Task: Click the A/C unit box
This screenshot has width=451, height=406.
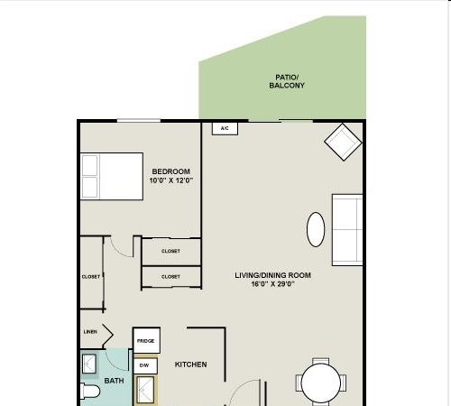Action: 225,128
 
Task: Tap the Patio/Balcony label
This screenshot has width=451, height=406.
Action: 287,81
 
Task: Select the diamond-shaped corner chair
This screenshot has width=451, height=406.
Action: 343,142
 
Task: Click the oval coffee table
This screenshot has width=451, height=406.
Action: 316,229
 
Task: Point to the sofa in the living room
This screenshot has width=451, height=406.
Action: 347,230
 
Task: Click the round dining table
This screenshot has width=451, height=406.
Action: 321,383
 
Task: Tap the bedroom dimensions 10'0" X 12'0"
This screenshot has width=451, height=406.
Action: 171,180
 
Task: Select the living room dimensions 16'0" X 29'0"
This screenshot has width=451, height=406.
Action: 273,284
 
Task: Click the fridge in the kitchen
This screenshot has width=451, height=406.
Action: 146,340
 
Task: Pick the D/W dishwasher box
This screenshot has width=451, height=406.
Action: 145,365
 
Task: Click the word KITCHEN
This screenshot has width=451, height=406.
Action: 191,364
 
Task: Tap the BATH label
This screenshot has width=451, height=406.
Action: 114,381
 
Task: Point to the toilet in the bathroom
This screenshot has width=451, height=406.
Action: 90,392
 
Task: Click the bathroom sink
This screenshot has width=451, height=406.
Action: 89,364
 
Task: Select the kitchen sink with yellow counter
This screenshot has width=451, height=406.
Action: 145,390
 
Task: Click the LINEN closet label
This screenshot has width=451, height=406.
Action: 90,332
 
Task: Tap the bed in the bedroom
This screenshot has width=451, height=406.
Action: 112,176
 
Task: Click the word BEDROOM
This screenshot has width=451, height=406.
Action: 171,171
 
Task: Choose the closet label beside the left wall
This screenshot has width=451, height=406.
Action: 91,277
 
